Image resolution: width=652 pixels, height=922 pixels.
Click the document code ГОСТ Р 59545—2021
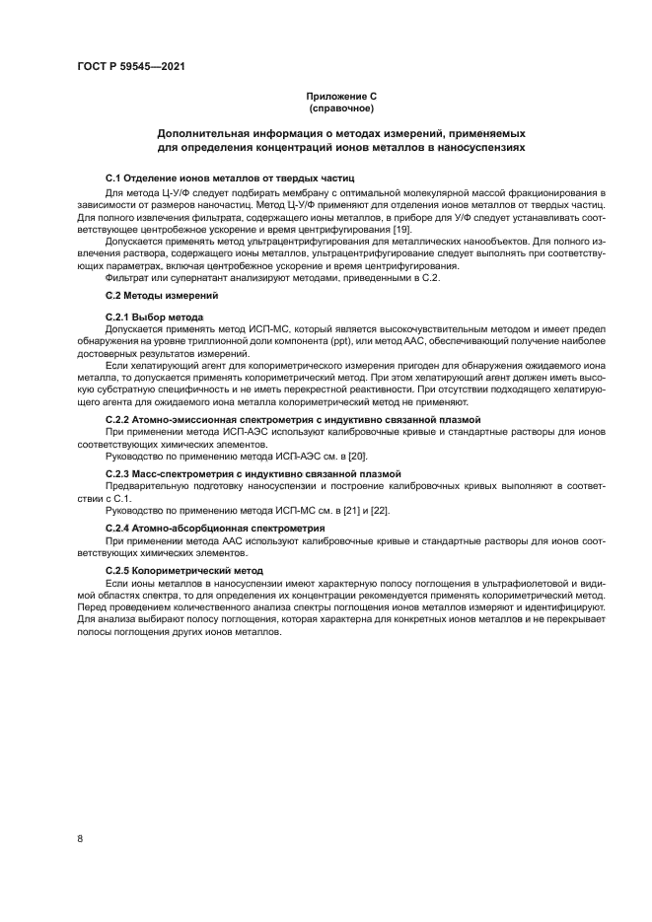pyautogui.click(x=131, y=66)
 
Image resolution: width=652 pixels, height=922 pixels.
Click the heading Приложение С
pyautogui.click(x=341, y=96)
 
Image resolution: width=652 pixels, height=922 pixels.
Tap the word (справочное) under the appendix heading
pyautogui.click(x=341, y=106)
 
